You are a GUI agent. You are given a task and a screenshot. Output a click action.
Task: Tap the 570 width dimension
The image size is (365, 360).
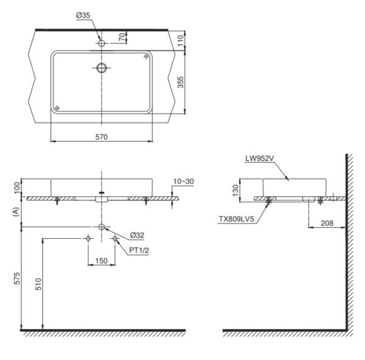coord(102,138)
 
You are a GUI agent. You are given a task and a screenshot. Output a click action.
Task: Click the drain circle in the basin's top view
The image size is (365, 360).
coord(102,67)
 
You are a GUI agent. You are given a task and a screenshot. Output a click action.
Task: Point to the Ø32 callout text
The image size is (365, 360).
coord(137,235)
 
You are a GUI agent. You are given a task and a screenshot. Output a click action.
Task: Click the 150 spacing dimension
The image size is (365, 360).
coord(102,261)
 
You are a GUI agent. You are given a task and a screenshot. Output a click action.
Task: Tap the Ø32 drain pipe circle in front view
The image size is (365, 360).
coord(102,228)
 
